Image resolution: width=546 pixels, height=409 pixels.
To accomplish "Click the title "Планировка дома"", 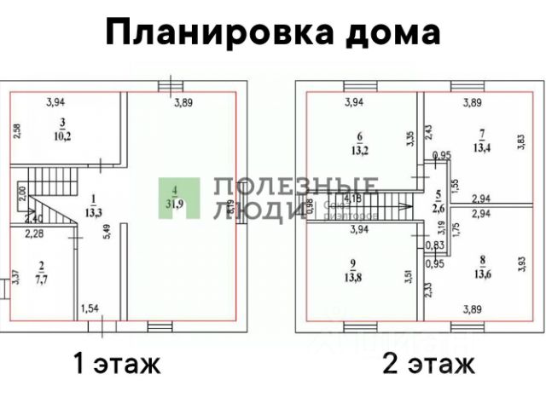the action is pos(273,33).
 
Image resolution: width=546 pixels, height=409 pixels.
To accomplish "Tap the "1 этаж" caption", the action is pos(117,365).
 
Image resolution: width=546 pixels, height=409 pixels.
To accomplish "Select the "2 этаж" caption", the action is pos(429,365).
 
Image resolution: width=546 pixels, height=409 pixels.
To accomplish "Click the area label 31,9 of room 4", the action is pos(173,203).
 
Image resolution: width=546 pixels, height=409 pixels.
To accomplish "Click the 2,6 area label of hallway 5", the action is pos(437,208).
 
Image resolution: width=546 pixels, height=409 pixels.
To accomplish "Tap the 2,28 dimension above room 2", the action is pos(34,233).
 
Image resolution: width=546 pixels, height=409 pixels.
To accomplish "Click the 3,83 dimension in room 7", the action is pos(520,141).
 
